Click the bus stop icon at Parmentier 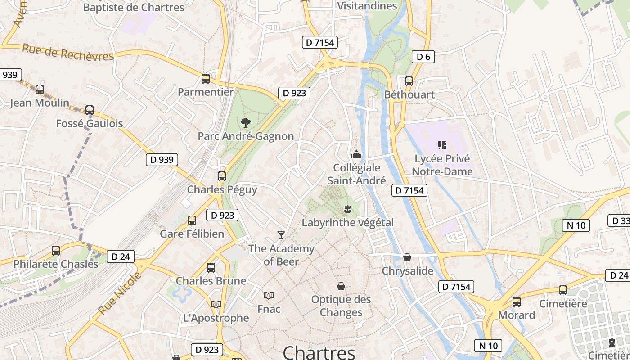click(x=206, y=79)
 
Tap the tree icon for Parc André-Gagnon click(x=246, y=122)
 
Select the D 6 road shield click(x=423, y=57)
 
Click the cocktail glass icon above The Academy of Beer click(x=281, y=235)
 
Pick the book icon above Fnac click(x=269, y=295)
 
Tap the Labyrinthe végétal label click(x=347, y=222)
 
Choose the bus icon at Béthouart click(x=409, y=81)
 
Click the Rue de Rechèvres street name click(x=68, y=52)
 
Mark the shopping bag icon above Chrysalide click(x=407, y=257)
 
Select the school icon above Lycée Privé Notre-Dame click(x=442, y=145)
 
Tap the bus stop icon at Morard click(x=517, y=301)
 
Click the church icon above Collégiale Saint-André click(x=356, y=154)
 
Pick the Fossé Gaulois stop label click(x=90, y=123)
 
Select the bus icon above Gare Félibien click(x=192, y=220)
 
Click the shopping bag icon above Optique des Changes click(x=341, y=286)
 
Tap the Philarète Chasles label click(x=56, y=264)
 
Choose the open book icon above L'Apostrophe click(x=216, y=305)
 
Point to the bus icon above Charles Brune click(x=211, y=268)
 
